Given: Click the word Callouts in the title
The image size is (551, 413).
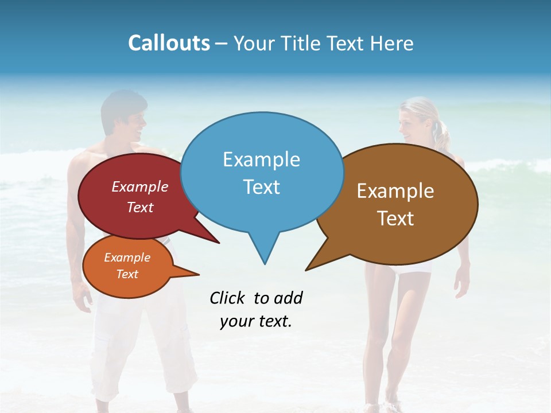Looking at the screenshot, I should point(169,43).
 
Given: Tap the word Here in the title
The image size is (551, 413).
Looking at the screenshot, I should point(392,43).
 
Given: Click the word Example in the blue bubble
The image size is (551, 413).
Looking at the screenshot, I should point(261,159).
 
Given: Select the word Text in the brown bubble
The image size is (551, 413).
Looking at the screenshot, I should point(395,219).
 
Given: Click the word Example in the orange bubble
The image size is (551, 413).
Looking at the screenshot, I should point(127,258).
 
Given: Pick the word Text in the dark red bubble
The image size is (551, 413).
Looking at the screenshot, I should point(139,207).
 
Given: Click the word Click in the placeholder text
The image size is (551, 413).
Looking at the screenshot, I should point(227,298).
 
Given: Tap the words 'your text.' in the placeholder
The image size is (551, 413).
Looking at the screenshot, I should point(256,321).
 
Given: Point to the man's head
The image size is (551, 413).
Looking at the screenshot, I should point(124,118).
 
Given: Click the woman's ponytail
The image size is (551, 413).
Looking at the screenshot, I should point(442,135).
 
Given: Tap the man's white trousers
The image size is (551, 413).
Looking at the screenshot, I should point(143,344).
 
